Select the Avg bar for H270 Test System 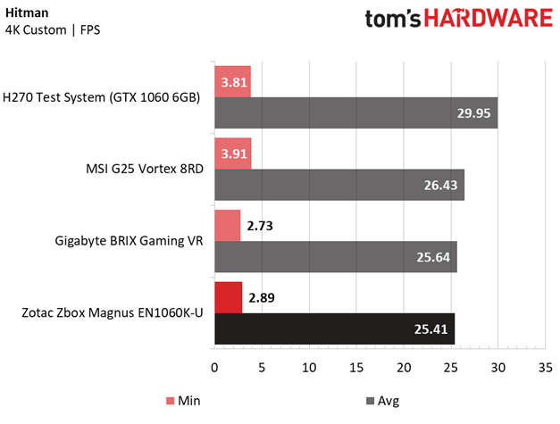pyautogui.click(x=355, y=113)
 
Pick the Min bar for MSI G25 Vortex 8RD pyautogui.click(x=232, y=153)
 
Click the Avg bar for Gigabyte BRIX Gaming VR pyautogui.click(x=335, y=257)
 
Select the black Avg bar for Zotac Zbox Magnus pyautogui.click(x=334, y=328)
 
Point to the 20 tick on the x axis pyautogui.click(x=404, y=367)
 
